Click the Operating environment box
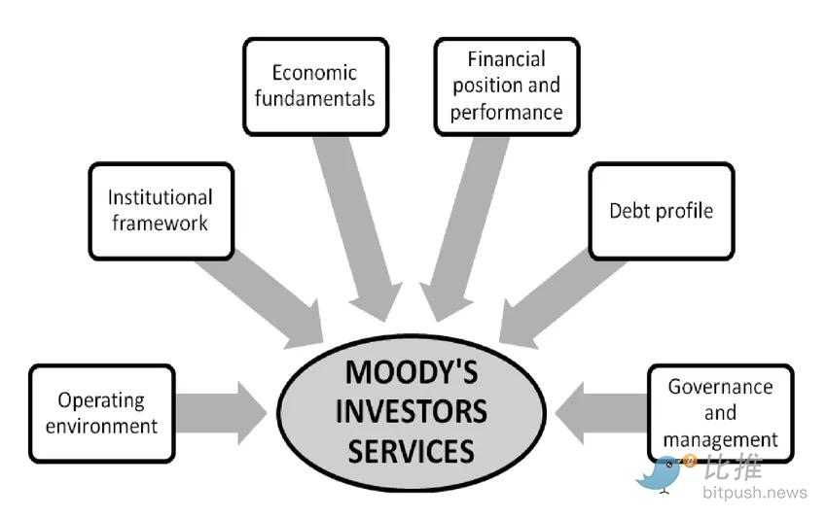pyautogui.click(x=101, y=412)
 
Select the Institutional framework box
pyautogui.click(x=161, y=210)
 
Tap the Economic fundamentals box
pyautogui.click(x=315, y=86)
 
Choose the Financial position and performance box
pyautogui.click(x=506, y=86)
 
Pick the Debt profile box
pyautogui.click(x=661, y=211)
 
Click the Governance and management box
pyautogui.click(x=720, y=412)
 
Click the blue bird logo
pyautogui.click(x=662, y=472)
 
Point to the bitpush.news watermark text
pyautogui.click(x=754, y=493)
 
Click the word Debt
pyautogui.click(x=629, y=211)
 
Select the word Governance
pyautogui.click(x=720, y=387)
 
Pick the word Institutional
pyautogui.click(x=161, y=197)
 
